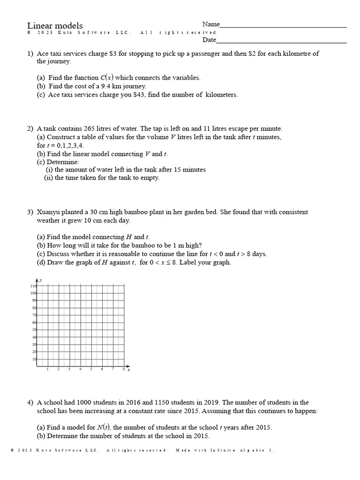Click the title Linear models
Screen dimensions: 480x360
point(55,25)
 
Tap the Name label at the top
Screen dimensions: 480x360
point(211,24)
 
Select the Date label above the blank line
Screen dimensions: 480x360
point(209,40)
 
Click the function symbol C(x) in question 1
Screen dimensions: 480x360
point(106,78)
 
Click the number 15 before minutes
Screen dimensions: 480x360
point(177,170)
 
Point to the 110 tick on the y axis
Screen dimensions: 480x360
point(33,286)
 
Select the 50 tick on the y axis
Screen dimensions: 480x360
point(34,330)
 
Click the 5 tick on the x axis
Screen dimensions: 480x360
point(91,369)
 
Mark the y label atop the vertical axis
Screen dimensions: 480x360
point(41,280)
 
